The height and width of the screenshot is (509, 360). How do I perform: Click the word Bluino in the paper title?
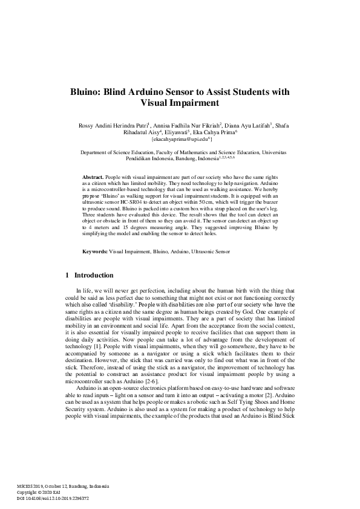84,92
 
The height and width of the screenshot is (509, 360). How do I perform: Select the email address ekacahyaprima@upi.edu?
179,139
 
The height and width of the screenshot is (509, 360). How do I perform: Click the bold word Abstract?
93,176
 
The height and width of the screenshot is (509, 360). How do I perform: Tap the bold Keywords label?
95,251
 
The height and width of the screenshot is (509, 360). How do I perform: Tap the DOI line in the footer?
53,499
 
